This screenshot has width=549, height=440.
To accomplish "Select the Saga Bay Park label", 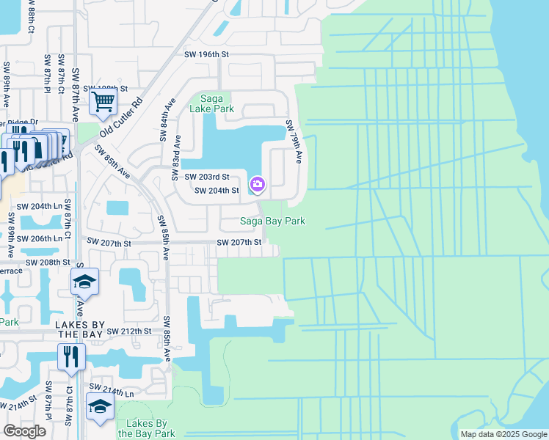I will pyautogui.click(x=273, y=221).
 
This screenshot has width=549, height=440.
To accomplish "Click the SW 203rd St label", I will pyautogui.click(x=207, y=177).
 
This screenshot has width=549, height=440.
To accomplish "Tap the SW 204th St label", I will pyautogui.click(x=216, y=191).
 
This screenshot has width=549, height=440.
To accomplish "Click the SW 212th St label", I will pyautogui.click(x=128, y=331).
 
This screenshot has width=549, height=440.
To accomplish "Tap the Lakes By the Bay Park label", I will pyautogui.click(x=150, y=428).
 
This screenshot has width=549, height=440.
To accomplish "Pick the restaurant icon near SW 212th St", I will pyautogui.click(x=71, y=356).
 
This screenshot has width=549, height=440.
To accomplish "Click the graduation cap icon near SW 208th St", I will pyautogui.click(x=85, y=282).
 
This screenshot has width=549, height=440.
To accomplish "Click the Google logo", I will pyautogui.click(x=24, y=431).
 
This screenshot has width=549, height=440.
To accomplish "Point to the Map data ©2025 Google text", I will pyautogui.click(x=503, y=434).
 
